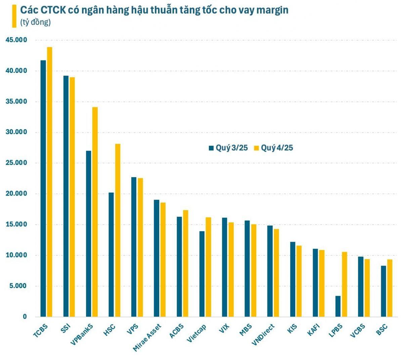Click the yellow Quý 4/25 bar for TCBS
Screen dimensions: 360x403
tap(49, 182)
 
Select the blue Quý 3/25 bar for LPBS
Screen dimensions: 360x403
tap(338, 306)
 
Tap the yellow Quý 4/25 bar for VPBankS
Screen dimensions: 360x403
tap(95, 212)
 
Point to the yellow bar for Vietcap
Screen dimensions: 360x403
tap(208, 267)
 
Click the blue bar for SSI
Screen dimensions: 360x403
tap(66, 196)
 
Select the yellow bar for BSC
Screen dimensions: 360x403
tap(390, 288)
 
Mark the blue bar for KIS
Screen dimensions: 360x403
tap(293, 279)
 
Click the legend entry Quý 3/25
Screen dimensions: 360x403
tap(228, 148)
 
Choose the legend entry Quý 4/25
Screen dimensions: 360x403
tap(273, 148)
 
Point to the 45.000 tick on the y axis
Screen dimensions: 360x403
tap(16, 40)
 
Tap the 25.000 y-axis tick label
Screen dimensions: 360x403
tap(16, 163)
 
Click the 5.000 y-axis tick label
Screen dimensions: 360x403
tap(18, 286)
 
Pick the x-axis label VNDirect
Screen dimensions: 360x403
tap(263, 335)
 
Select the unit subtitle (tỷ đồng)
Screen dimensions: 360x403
tap(35, 23)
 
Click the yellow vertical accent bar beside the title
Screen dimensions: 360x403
tap(14, 16)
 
